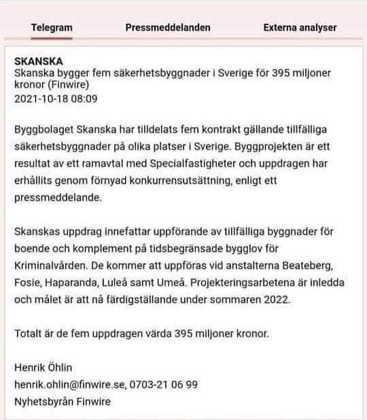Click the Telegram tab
point(52,28)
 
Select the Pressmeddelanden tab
point(168,28)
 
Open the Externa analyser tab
point(300,28)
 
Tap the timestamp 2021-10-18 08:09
point(56,98)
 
